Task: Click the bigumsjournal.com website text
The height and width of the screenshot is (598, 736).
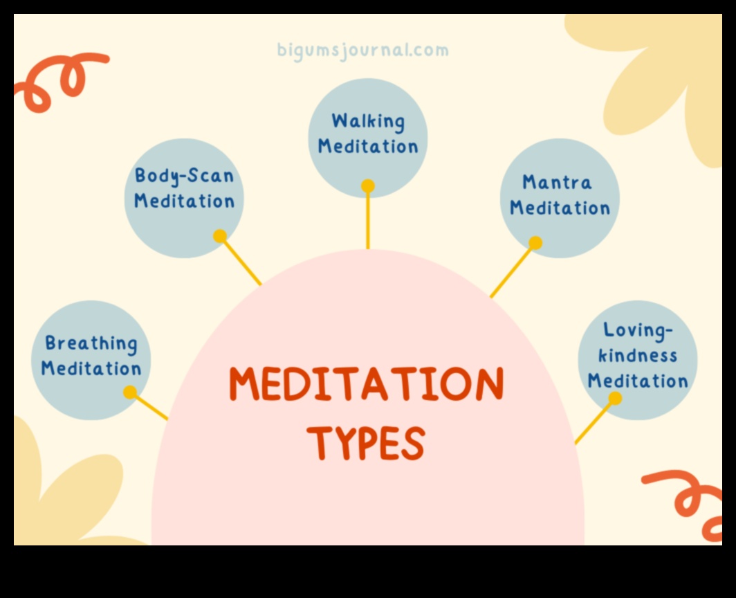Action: click(x=362, y=51)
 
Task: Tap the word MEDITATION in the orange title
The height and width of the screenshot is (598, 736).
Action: click(x=367, y=385)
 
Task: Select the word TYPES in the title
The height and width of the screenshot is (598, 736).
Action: click(x=366, y=443)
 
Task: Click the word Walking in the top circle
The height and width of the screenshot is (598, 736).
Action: click(x=368, y=121)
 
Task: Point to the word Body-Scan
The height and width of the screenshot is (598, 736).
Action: click(x=184, y=176)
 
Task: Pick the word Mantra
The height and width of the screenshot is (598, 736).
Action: click(x=557, y=183)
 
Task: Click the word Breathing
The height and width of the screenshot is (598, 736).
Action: click(x=91, y=343)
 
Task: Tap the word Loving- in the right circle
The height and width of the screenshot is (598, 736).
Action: click(x=638, y=330)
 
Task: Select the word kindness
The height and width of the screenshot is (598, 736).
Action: click(x=637, y=356)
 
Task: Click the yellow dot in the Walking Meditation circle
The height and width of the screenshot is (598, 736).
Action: click(x=368, y=186)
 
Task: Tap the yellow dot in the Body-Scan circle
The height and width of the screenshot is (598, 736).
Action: click(x=220, y=236)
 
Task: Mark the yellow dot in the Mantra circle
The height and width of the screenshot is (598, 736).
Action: click(x=535, y=243)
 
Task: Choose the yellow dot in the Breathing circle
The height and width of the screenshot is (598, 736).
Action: click(x=130, y=392)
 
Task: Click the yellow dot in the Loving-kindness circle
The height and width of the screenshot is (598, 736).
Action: click(x=615, y=398)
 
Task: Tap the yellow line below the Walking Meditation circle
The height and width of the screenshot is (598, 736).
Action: click(x=368, y=221)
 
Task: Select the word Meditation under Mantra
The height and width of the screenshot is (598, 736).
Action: click(x=560, y=208)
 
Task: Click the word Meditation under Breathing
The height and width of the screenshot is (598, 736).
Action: click(x=91, y=368)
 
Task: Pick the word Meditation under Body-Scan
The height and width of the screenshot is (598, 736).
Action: click(x=184, y=201)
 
